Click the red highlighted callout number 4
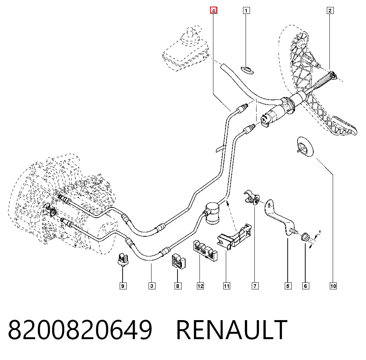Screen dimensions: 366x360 [x=214, y=10]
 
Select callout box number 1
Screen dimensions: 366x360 [x=246, y=11]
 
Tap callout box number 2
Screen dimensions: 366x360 [x=330, y=11]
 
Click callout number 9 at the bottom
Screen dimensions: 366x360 [x=123, y=286]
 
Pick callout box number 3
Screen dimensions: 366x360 [x=152, y=286]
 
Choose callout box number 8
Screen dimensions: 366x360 [x=178, y=286]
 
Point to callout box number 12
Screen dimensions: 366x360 [x=200, y=286]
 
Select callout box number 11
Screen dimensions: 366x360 [x=227, y=286]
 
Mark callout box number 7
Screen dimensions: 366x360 [x=255, y=286]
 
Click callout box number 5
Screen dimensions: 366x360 [x=288, y=286]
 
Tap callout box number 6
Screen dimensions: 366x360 [x=306, y=286]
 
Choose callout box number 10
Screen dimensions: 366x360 [x=333, y=286]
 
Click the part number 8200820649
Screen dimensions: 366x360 [x=80, y=330]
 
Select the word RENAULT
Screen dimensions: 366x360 [x=232, y=330]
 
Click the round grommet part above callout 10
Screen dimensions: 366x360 [x=305, y=147]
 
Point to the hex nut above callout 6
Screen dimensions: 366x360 [x=305, y=237]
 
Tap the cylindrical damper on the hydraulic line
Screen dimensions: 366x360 [x=212, y=213]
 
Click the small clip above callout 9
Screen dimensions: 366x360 [x=123, y=259]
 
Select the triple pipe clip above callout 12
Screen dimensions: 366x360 [x=205, y=250]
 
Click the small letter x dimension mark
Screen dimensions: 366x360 [x=320, y=232]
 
